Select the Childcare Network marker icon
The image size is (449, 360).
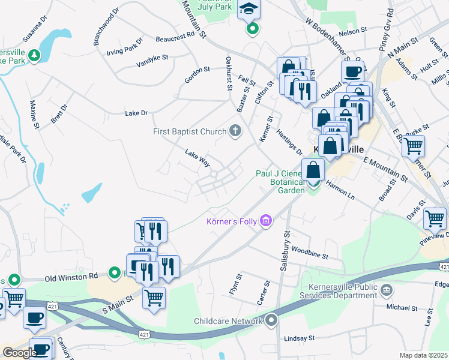[x=272, y=321]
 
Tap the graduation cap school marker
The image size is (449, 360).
[x=247, y=10]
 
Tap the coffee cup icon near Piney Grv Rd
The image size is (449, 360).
[x=352, y=71]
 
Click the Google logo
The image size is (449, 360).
[x=20, y=353]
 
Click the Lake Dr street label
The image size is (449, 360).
[x=136, y=113]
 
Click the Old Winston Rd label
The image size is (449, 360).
[x=71, y=277]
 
